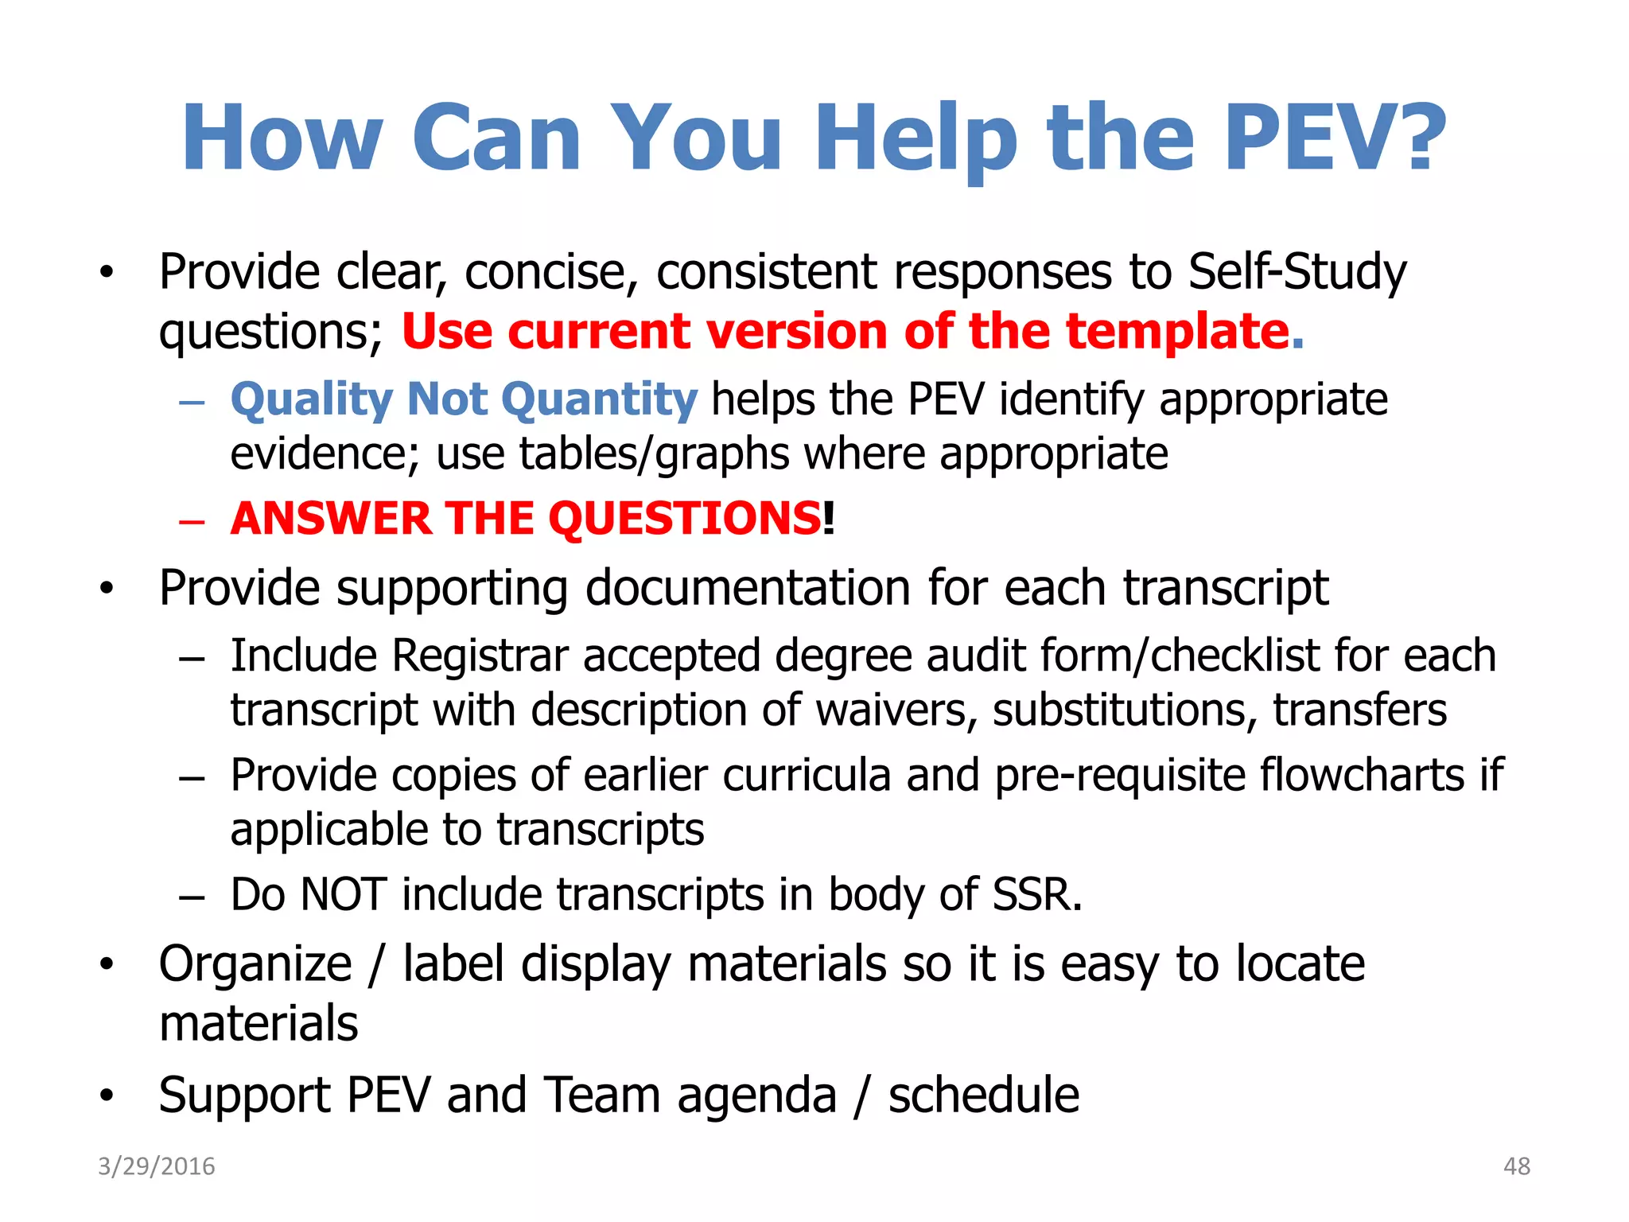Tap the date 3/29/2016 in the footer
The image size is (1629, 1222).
(x=157, y=1166)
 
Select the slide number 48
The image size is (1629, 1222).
(x=1517, y=1166)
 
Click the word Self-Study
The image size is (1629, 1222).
(x=1297, y=272)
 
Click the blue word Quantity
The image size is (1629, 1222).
(x=600, y=399)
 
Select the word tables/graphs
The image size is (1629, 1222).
(x=655, y=454)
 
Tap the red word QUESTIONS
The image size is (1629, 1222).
(x=684, y=519)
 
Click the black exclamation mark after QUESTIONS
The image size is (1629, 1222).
(x=829, y=519)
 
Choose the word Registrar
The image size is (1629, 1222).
(x=480, y=656)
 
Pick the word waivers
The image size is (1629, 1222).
(x=897, y=710)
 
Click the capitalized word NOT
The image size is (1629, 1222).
(x=344, y=894)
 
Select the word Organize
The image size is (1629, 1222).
(x=255, y=964)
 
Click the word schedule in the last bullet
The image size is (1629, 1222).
(x=984, y=1096)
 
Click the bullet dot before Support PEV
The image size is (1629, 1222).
(x=107, y=1096)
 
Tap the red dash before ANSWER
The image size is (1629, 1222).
(x=192, y=522)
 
